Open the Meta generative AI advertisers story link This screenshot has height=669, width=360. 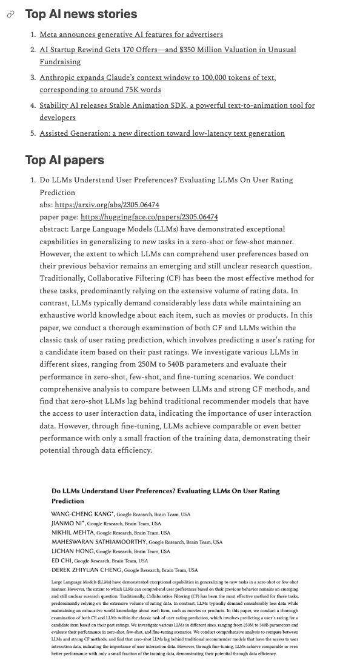click(x=131, y=35)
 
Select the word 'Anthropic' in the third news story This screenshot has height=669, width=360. click(x=60, y=78)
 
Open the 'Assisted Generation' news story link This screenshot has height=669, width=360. click(x=162, y=133)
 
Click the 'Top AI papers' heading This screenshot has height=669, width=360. click(x=65, y=160)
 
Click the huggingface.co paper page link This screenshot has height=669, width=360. click(x=149, y=216)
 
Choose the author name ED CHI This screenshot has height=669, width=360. click(x=61, y=561)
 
